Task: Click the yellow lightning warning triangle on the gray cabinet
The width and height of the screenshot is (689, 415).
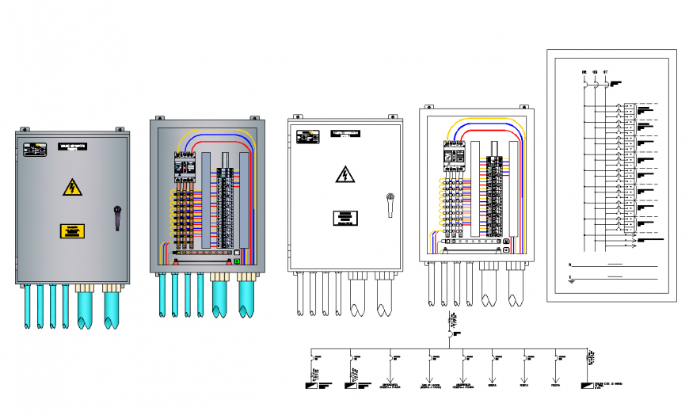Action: tap(72, 188)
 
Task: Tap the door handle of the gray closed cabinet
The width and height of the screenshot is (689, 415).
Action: tap(117, 217)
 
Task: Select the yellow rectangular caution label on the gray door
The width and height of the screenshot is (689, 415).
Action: tap(72, 231)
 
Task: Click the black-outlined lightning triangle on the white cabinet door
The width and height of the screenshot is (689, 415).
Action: tap(344, 174)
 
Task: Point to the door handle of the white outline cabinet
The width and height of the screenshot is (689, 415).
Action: tap(389, 204)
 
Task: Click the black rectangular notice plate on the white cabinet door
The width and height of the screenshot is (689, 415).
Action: tap(344, 219)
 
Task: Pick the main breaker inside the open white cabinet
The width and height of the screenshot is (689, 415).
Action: tap(454, 154)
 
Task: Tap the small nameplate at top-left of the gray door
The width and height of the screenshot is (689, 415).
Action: tap(35, 147)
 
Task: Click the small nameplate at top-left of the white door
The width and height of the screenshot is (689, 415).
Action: tap(305, 135)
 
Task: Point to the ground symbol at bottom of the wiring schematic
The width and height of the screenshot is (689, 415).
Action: tap(571, 279)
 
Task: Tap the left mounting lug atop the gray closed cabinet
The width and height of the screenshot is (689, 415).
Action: tap(25, 128)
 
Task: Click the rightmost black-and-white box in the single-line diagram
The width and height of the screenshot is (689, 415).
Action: tap(587, 386)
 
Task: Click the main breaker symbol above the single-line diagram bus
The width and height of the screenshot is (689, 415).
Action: tap(451, 333)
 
